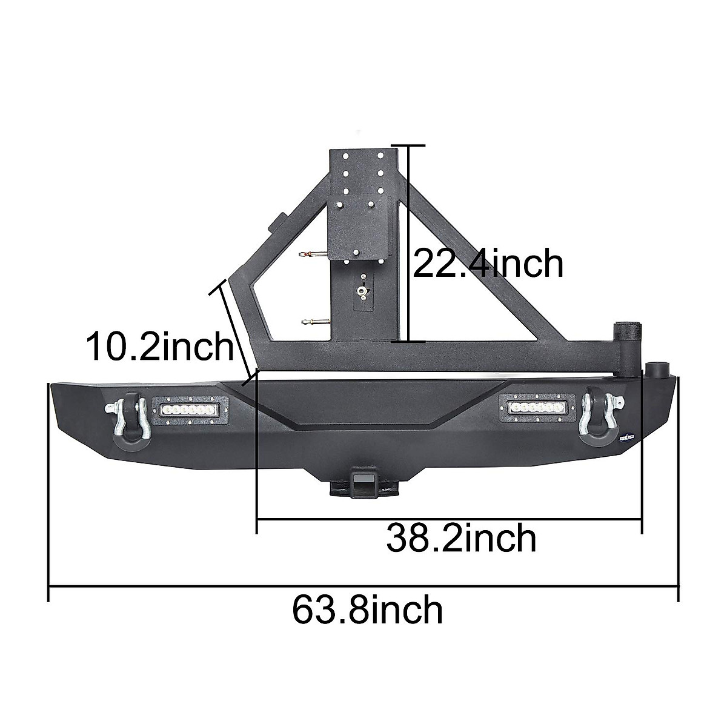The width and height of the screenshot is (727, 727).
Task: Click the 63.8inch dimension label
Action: [367, 610]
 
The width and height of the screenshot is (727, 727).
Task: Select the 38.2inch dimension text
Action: [461, 539]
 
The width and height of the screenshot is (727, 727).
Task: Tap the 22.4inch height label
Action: [488, 264]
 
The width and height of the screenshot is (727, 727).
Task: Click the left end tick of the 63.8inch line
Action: [48, 586]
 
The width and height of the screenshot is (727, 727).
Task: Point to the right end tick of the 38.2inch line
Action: [641, 519]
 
